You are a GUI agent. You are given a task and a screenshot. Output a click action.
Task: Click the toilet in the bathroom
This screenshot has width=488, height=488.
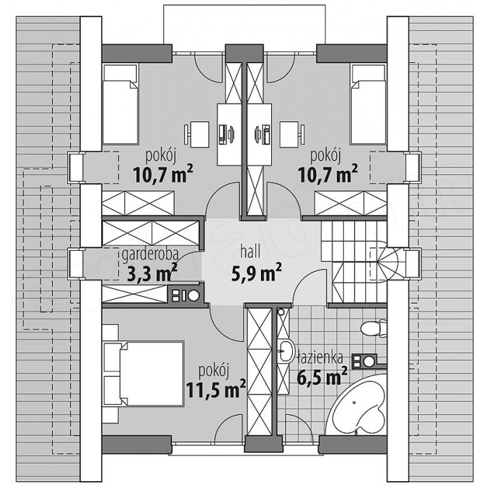click(x=373, y=327)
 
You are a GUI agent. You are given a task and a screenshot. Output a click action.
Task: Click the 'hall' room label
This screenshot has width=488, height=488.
click(x=251, y=252)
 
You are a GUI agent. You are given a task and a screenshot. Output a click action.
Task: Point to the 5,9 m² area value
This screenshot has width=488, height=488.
click(x=257, y=271)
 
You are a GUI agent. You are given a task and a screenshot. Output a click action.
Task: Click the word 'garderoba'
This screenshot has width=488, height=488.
click(x=150, y=254)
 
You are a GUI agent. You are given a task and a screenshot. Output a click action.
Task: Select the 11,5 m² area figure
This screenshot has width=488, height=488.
click(x=216, y=388)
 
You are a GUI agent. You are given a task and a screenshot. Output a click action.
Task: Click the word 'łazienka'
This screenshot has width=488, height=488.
click(x=321, y=358)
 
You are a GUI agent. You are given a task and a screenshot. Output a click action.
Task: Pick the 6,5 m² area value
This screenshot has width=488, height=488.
click(x=322, y=376)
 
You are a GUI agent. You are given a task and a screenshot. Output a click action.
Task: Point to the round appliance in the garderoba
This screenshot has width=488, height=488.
click(x=194, y=296)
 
